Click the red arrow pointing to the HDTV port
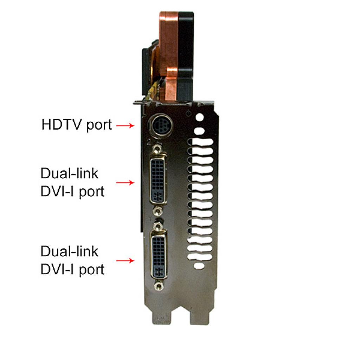126,126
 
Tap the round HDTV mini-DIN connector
160,126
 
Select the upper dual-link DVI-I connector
158,179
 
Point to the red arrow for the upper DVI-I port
126,182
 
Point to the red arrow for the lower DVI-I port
126,261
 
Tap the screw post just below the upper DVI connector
158,211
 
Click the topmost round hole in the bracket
200,117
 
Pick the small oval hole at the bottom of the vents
199,266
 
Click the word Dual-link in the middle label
69,173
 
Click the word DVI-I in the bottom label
57,269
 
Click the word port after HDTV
99,126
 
